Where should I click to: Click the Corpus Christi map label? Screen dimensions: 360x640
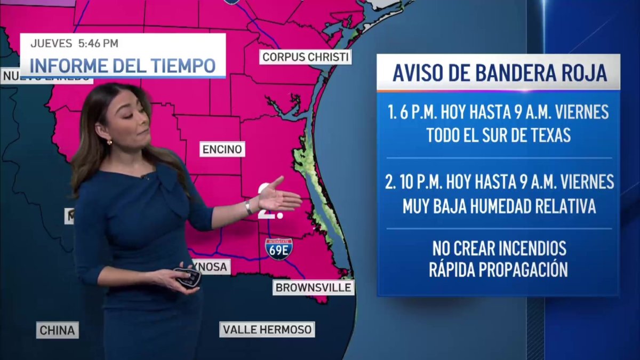pyautogui.click(x=306, y=57)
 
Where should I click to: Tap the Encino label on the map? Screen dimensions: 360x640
pyautogui.click(x=222, y=149)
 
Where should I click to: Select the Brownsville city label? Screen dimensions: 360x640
pyautogui.click(x=313, y=288)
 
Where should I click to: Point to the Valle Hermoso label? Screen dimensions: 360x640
pyautogui.click(x=267, y=330)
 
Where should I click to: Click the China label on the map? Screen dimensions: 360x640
pyautogui.click(x=58, y=330)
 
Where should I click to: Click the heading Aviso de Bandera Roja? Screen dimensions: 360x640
pyautogui.click(x=499, y=73)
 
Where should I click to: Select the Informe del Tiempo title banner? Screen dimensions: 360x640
pyautogui.click(x=123, y=65)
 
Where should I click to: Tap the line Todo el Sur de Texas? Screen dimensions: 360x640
pyautogui.click(x=499, y=135)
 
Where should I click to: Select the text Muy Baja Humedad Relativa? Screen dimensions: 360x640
pyautogui.click(x=499, y=205)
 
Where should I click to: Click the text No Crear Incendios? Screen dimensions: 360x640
pyautogui.click(x=499, y=249)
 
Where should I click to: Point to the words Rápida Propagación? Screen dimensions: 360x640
pyautogui.click(x=499, y=270)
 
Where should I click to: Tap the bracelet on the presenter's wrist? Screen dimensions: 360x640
pyautogui.click(x=249, y=207)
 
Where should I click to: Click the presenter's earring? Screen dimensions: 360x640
pyautogui.click(x=109, y=142)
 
